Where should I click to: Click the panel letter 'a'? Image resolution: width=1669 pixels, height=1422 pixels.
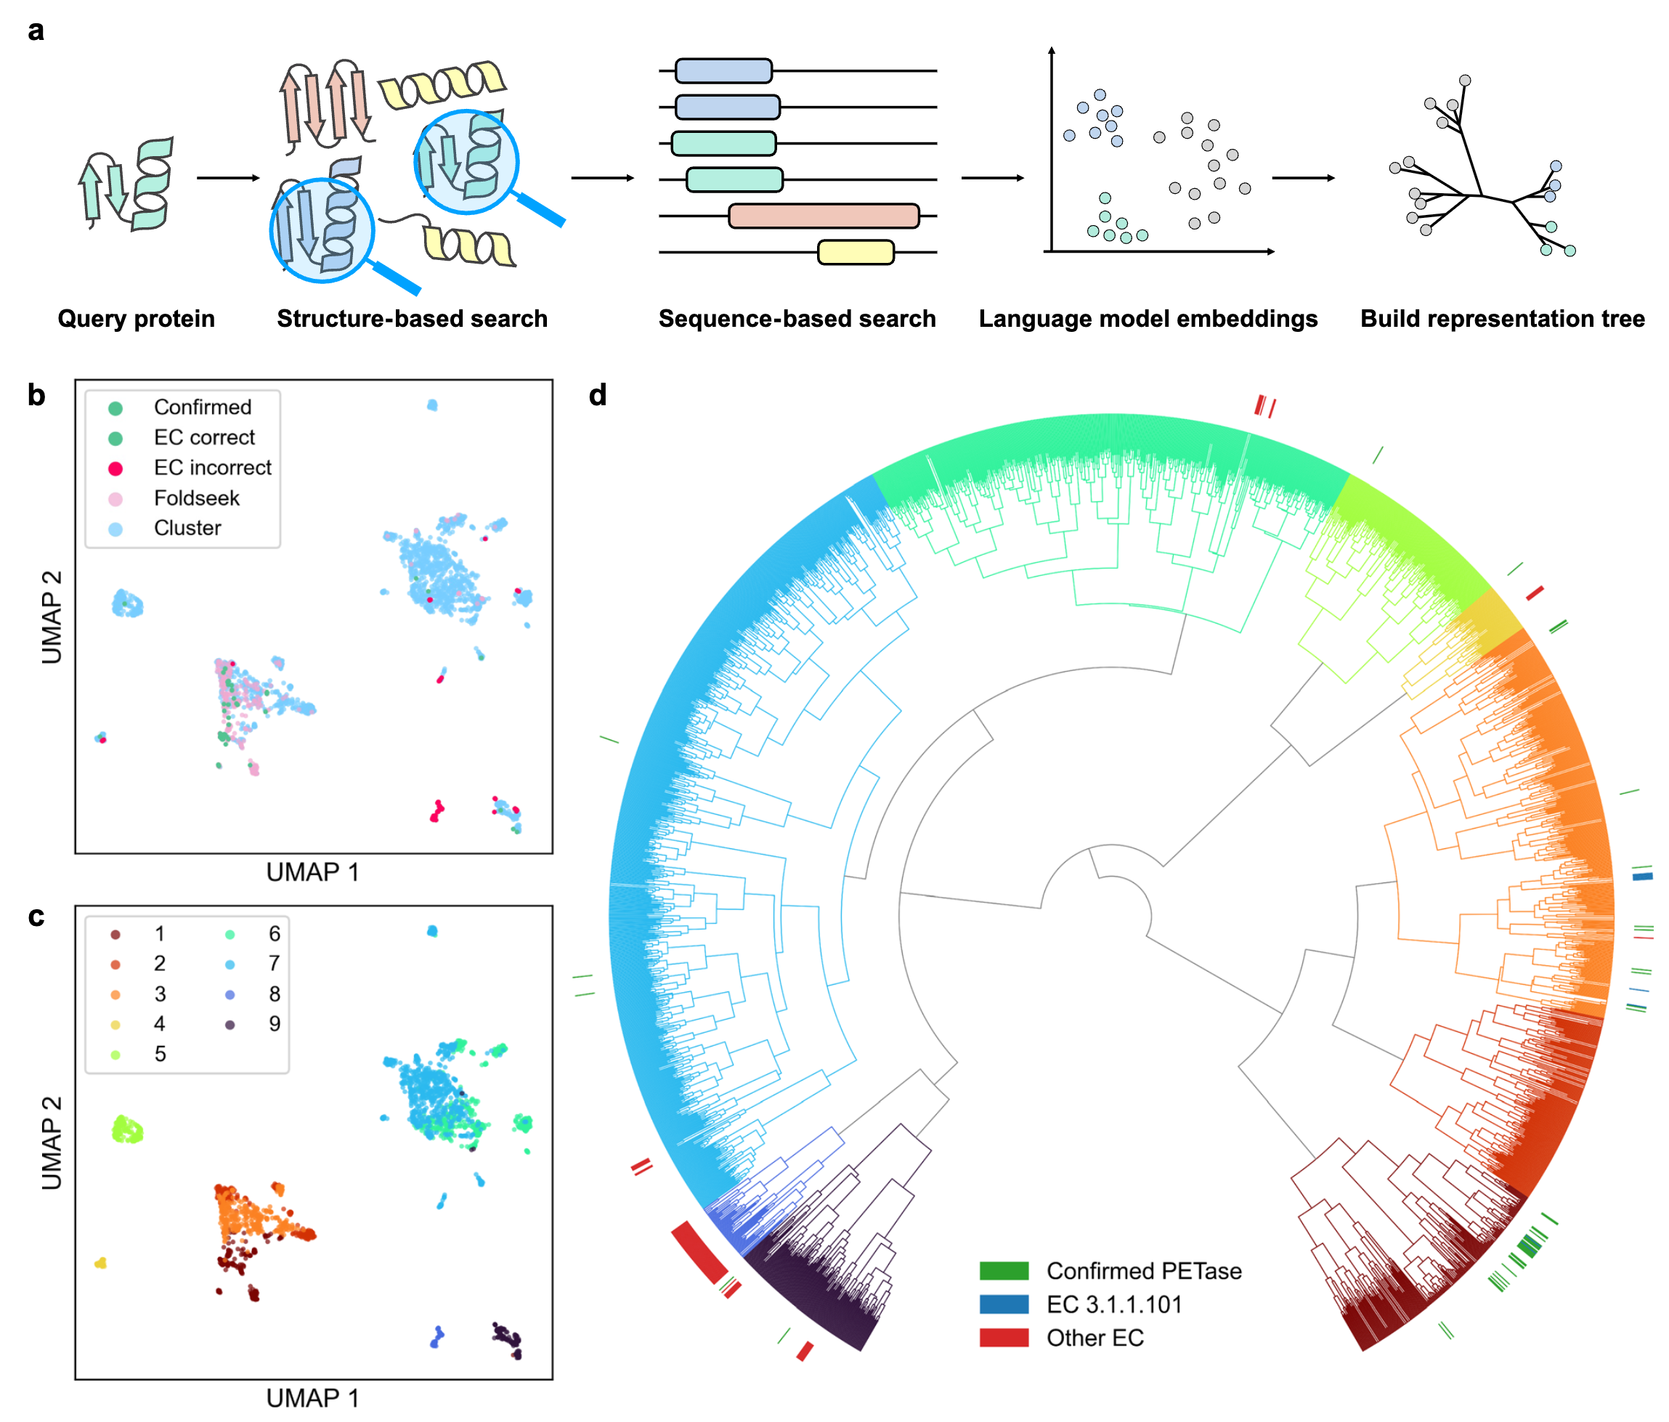[x=36, y=31]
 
